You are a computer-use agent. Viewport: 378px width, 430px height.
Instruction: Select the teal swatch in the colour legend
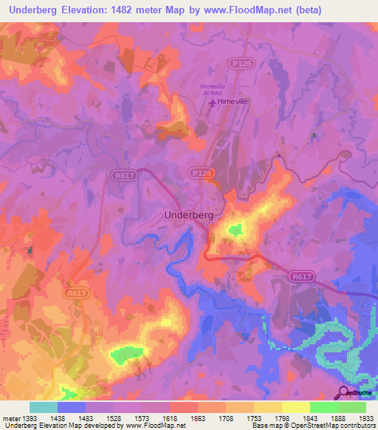tap(44, 407)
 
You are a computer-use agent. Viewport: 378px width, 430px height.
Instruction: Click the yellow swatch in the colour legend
tap(295, 407)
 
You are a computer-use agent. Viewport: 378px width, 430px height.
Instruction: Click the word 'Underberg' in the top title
tap(32, 10)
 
